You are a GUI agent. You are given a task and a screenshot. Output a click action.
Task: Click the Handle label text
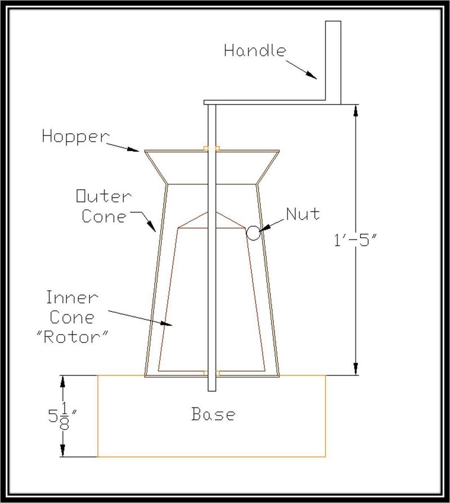[x=255, y=51]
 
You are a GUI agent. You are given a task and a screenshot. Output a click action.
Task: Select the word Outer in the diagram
[x=103, y=196]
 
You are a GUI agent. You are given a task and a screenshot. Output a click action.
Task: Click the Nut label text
[x=303, y=214]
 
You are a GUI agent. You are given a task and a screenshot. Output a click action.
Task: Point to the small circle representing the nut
[x=253, y=233]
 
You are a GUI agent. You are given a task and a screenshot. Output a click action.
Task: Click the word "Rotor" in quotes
[x=71, y=337]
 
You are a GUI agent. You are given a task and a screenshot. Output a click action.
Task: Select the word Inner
[x=71, y=297]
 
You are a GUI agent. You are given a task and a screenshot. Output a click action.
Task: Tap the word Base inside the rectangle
[x=213, y=414]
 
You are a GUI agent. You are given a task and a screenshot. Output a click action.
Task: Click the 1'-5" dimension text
[x=355, y=239]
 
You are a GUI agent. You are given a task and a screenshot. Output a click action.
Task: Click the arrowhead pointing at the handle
[x=311, y=74]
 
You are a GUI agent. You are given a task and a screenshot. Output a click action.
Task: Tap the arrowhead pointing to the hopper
[x=133, y=149]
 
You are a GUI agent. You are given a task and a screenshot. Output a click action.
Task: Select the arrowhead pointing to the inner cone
[x=166, y=323]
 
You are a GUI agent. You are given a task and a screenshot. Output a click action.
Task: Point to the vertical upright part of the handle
[x=333, y=62]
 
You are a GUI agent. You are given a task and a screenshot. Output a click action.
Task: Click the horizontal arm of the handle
[x=265, y=102]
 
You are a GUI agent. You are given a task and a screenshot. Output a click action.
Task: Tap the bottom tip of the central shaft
[x=212, y=391]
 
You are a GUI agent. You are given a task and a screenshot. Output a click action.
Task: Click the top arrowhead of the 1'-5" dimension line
[x=355, y=111]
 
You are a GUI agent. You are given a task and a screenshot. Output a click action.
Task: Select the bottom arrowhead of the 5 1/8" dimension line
[x=63, y=450]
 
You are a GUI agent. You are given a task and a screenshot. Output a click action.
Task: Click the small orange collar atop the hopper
[x=212, y=148]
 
